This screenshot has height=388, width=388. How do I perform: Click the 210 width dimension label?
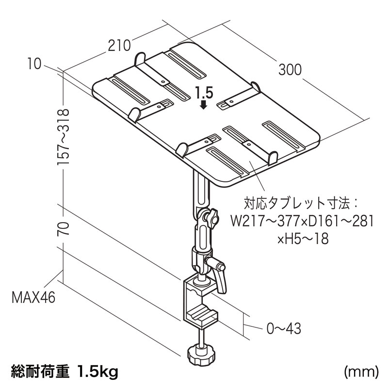tap(119, 46)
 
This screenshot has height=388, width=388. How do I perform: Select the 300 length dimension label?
tap(290, 69)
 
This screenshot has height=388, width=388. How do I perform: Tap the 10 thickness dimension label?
tap(34, 64)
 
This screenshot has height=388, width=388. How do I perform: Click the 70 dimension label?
tap(63, 229)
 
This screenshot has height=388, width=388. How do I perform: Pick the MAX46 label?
tap(33, 297)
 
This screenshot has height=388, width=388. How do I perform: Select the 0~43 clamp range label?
tap(284, 329)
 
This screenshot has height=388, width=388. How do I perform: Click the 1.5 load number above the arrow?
tap(204, 93)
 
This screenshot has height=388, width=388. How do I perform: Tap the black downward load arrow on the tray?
tap(203, 104)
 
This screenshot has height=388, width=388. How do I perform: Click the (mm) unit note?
tap(361, 372)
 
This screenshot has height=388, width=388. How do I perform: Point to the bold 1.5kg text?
tap(97, 371)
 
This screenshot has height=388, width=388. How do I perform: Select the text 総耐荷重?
tap(40, 371)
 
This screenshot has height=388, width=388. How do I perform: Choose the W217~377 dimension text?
tap(265, 221)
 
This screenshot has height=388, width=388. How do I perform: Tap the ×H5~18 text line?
tap(303, 239)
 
